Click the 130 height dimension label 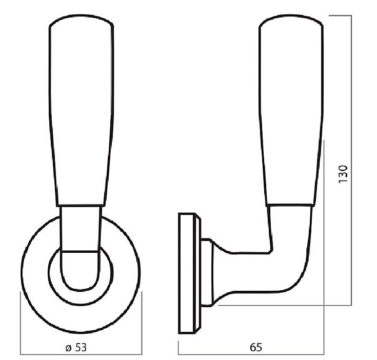point(343,174)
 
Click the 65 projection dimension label point(255,347)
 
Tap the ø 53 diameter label point(76,348)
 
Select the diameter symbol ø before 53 point(69,348)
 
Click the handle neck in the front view point(81,228)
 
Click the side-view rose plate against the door point(187,273)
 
